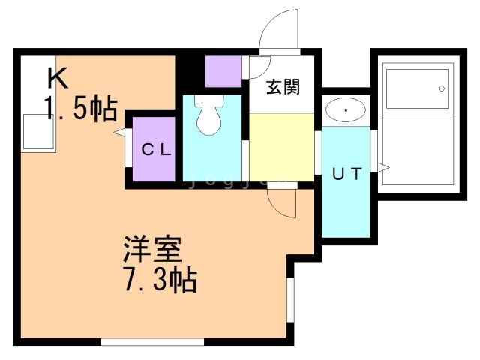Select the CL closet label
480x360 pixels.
pos(157,149)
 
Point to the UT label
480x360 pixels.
pos(347,175)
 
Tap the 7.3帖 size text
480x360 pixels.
pos(159,281)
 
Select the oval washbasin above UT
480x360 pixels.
pos(346,111)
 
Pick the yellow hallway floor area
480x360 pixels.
pos(281,146)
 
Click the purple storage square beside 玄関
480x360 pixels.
pos(223,71)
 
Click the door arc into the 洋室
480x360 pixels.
pos(277,202)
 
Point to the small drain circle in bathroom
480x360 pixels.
pos(441,88)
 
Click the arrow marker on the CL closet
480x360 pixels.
pos(118,133)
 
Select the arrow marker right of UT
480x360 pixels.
pos(383,168)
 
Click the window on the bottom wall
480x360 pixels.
pos(152,343)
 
